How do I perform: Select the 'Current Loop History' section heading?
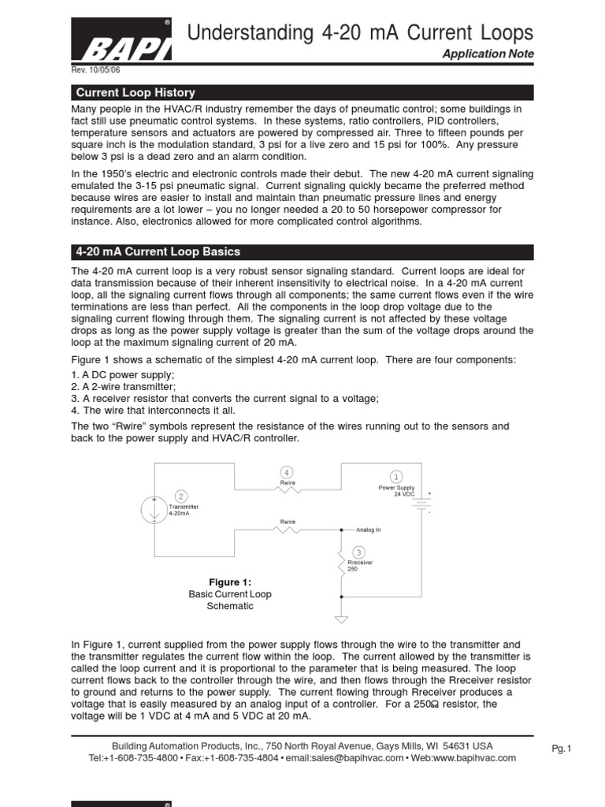pyautogui.click(x=135, y=92)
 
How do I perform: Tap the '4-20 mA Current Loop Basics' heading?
pyautogui.click(x=158, y=252)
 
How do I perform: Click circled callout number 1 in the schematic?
pyautogui.click(x=395, y=476)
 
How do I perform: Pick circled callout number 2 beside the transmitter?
pyautogui.click(x=180, y=496)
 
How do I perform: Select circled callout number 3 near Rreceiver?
pyautogui.click(x=359, y=552)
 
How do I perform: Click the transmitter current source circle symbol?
pyautogui.click(x=153, y=510)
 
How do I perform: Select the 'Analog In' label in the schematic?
pyautogui.click(x=368, y=530)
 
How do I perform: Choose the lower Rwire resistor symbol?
pyautogui.click(x=287, y=530)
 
